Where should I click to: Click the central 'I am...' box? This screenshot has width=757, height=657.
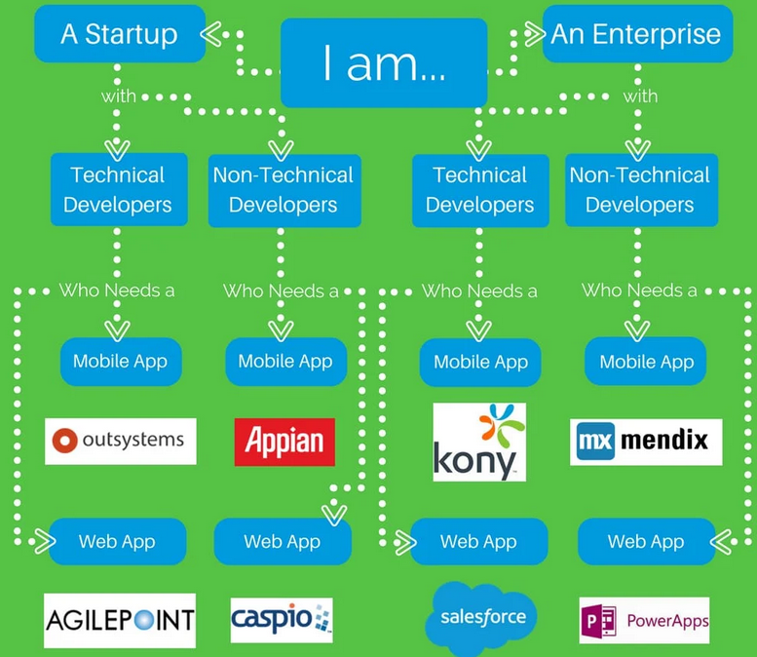(x=383, y=62)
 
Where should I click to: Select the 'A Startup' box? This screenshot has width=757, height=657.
(x=120, y=34)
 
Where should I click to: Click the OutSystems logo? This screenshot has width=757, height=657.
(x=121, y=441)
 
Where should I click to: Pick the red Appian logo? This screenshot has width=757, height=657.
(x=284, y=442)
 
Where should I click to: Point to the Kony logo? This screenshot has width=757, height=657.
(x=479, y=442)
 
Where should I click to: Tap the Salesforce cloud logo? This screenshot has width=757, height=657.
(x=481, y=616)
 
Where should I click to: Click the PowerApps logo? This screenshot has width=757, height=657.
(x=644, y=620)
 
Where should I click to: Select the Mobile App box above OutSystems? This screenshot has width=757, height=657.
(x=120, y=362)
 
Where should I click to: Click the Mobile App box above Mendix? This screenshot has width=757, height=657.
(x=646, y=362)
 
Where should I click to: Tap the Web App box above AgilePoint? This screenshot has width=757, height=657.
(x=117, y=542)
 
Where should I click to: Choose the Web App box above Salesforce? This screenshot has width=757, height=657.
(x=478, y=542)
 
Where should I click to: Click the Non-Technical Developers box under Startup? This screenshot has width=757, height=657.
(x=284, y=190)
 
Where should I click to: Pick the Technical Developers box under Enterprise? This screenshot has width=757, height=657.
(x=479, y=190)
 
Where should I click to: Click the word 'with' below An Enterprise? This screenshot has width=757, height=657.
(x=641, y=97)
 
